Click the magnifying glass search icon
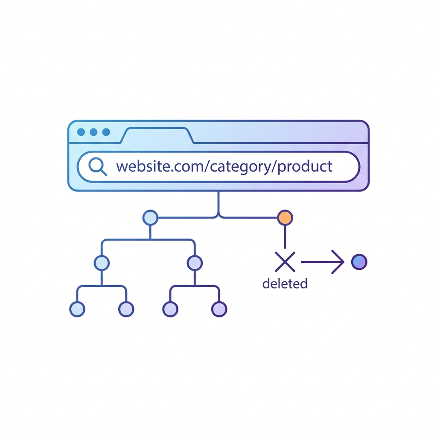tap(98, 166)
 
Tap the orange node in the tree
tap(285, 218)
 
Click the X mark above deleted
tap(285, 262)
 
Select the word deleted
tap(285, 283)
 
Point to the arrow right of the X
tap(323, 262)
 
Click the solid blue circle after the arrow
tap(359, 262)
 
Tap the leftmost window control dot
tap(81, 132)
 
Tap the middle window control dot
tap(93, 132)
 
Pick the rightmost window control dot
tap(106, 132)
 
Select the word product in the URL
tap(305, 167)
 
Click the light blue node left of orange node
tap(150, 218)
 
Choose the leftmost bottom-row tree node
tap(77, 309)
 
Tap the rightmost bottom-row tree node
tap(219, 309)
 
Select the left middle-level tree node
tap(102, 263)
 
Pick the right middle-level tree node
tap(195, 263)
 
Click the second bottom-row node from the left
tap(126, 309)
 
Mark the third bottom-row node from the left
tap(170, 309)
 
